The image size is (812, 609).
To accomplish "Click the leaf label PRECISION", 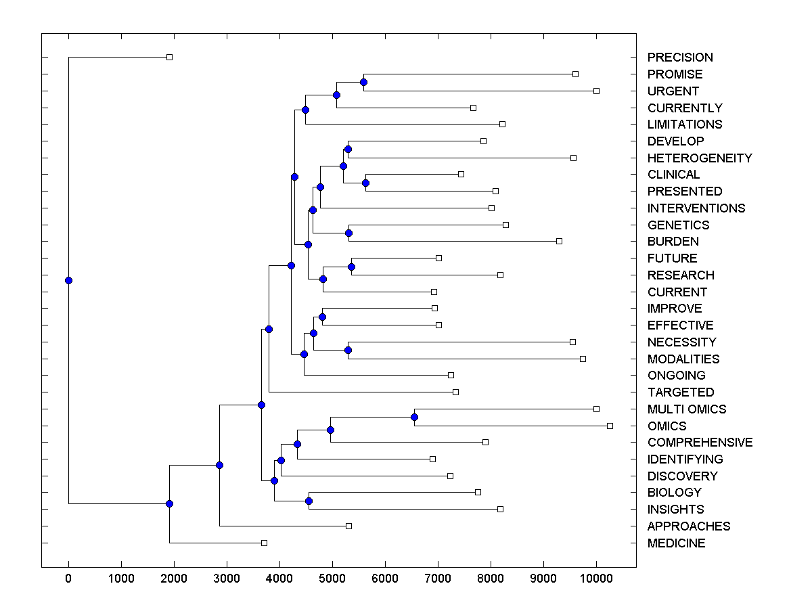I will click(679, 58).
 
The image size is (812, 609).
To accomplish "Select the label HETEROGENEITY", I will click(699, 158).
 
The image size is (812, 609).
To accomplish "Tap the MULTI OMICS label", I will click(686, 409).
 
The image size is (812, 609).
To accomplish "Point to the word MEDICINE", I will click(676, 543).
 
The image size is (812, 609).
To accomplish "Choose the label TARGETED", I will click(680, 392).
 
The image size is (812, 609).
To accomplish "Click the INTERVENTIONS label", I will click(696, 208).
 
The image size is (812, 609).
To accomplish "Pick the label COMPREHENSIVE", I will click(700, 443).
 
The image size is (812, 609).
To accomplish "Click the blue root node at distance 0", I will click(68, 280).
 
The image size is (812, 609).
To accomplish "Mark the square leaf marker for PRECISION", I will click(170, 58).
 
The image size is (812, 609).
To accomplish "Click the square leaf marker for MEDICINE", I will click(265, 543).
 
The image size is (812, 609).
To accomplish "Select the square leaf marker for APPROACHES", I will click(349, 526).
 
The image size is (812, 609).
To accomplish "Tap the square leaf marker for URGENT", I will click(596, 91).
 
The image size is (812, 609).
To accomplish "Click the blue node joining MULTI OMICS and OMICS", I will click(414, 417).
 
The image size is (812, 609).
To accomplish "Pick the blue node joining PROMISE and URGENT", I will click(363, 82).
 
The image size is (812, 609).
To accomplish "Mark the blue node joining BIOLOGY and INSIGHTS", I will click(309, 501).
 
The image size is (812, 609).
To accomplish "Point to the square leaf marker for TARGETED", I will click(455, 392).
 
